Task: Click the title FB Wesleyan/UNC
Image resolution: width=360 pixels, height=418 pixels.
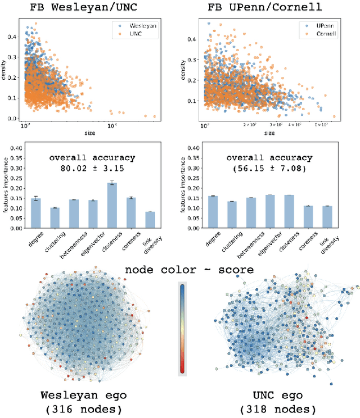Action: tap(88, 8)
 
